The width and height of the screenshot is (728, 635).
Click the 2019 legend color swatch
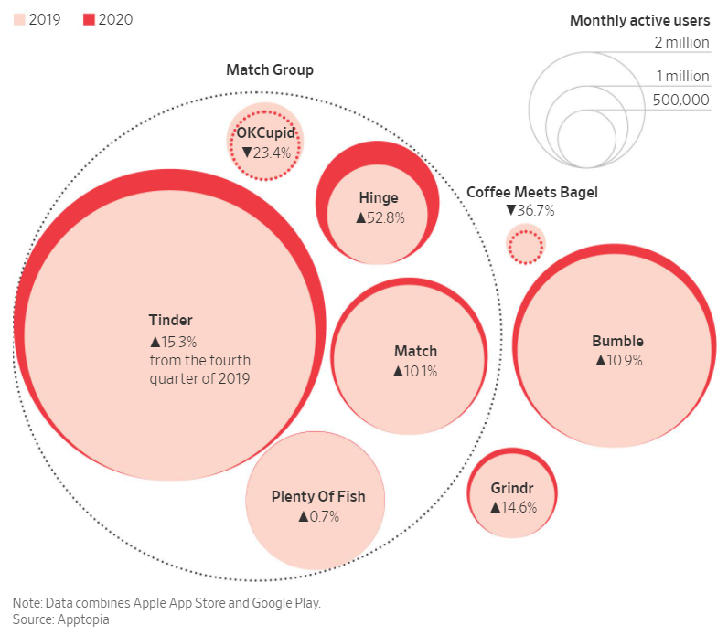(x=18, y=19)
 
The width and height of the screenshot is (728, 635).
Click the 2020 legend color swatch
(x=90, y=19)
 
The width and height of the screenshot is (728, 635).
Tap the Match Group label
(x=270, y=70)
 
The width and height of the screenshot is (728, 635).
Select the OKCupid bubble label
(x=265, y=133)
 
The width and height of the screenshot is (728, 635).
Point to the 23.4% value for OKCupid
(x=266, y=153)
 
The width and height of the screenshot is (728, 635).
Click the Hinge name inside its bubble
(x=378, y=198)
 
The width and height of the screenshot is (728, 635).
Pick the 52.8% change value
(x=379, y=217)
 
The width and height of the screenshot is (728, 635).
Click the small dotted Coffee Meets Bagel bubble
(x=525, y=245)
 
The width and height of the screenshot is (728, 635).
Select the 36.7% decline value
(x=530, y=210)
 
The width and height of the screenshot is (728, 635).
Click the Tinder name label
(x=171, y=320)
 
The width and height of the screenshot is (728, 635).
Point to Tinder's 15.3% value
(x=174, y=341)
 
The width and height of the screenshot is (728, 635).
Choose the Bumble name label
(x=617, y=341)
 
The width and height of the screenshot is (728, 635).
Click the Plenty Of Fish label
(x=318, y=496)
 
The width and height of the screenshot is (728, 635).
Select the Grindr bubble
(x=512, y=493)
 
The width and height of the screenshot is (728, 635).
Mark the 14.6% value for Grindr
(x=512, y=507)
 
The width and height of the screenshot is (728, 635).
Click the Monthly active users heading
(x=639, y=20)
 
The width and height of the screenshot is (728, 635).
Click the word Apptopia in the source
(x=81, y=619)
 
